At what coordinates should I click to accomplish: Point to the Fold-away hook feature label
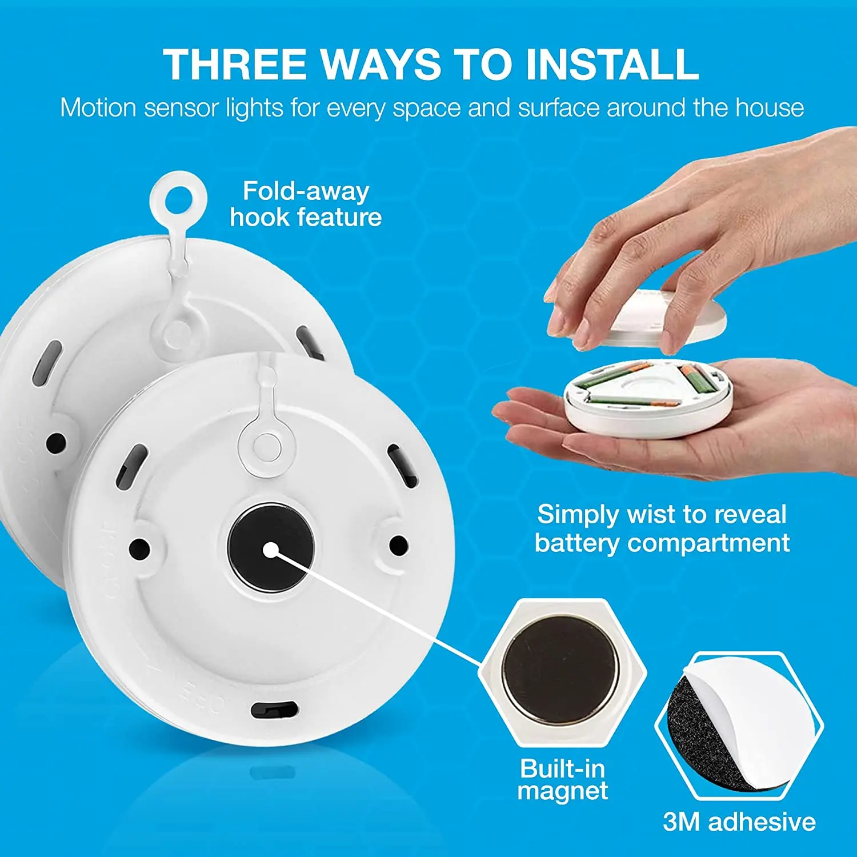pos(306,204)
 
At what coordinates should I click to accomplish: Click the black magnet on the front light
pos(270,547)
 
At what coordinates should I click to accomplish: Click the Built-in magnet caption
pos(563,779)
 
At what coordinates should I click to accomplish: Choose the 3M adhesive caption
pos(739,822)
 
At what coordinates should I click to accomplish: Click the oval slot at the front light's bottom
pos(275,710)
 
